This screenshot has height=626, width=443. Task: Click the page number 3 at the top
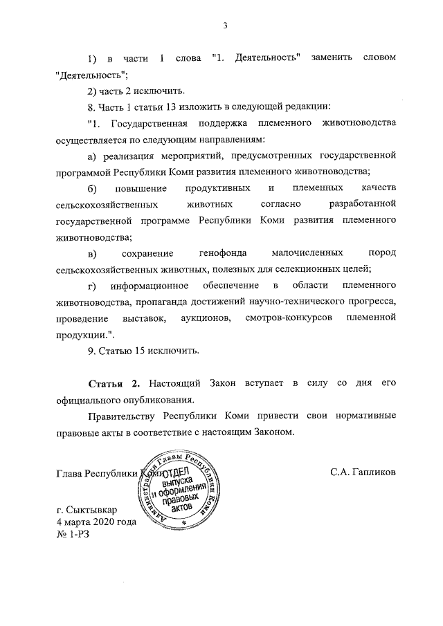226,26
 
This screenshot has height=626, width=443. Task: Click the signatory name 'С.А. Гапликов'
363,473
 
